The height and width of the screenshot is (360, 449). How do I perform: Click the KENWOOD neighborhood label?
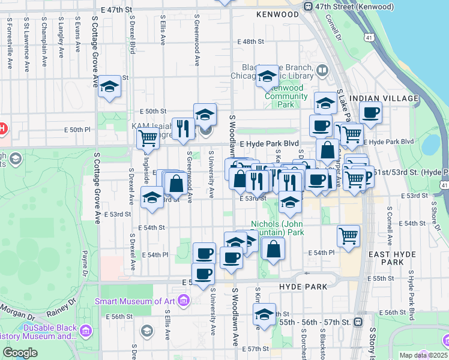277,14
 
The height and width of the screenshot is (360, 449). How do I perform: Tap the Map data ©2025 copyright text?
424,355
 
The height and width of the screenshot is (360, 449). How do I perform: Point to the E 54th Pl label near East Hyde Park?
321,253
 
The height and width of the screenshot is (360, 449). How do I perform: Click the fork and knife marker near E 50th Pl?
181,128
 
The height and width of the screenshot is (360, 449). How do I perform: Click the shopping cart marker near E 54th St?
348,235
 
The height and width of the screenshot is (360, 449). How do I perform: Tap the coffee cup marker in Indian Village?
370,112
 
